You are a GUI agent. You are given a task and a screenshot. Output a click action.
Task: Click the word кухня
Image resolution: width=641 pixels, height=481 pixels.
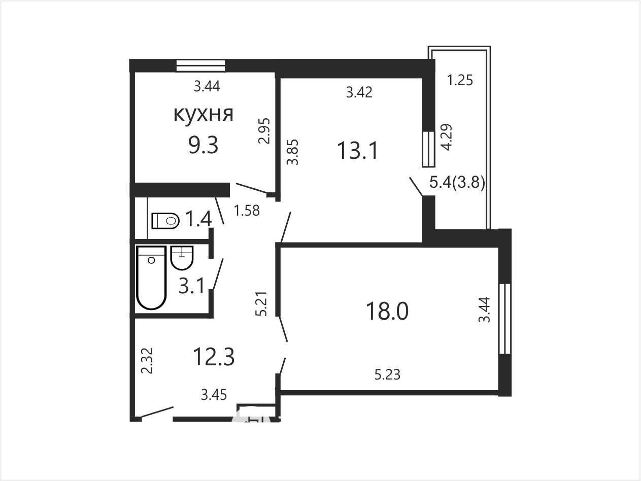click(x=204, y=114)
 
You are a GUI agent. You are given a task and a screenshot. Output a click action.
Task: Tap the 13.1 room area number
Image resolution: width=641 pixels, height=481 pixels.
click(x=357, y=150)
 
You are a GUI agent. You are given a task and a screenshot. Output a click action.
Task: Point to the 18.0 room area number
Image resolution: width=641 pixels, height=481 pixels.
click(x=387, y=311)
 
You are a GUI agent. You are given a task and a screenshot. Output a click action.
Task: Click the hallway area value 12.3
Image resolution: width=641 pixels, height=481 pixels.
click(x=214, y=357)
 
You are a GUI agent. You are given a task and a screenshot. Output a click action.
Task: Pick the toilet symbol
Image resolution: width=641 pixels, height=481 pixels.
click(x=165, y=221)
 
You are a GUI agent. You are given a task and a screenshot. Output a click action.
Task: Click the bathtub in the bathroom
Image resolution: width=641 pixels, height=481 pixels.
click(x=151, y=277)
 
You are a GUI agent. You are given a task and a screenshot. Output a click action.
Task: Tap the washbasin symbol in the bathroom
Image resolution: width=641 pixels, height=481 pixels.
click(x=182, y=258)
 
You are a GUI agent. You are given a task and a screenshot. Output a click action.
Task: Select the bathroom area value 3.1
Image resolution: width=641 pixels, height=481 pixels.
click(x=191, y=286)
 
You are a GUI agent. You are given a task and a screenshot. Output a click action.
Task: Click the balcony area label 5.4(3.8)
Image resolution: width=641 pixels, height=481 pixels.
click(x=457, y=183)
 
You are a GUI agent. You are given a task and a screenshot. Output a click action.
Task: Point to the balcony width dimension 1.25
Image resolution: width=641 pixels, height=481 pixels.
click(x=460, y=80)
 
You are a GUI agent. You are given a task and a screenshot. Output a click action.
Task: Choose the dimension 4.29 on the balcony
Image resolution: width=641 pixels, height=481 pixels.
click(x=447, y=137)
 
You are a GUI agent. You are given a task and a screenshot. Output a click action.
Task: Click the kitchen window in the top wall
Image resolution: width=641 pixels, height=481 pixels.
click(x=200, y=65)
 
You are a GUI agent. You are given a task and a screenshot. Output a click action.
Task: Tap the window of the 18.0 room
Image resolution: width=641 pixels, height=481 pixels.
click(x=504, y=319)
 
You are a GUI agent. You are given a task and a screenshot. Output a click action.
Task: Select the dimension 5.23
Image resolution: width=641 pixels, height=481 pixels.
click(x=387, y=374)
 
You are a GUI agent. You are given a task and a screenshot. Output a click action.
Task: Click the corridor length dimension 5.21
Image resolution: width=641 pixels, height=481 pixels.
click(x=261, y=303)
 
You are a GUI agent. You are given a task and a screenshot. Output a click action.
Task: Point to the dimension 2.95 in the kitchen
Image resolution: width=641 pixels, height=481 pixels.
click(x=264, y=131)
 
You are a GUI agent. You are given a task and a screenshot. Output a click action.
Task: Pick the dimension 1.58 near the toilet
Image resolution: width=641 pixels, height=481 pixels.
click(x=247, y=211)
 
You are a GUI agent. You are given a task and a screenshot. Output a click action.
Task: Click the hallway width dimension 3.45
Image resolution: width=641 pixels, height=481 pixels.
click(x=214, y=395)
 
